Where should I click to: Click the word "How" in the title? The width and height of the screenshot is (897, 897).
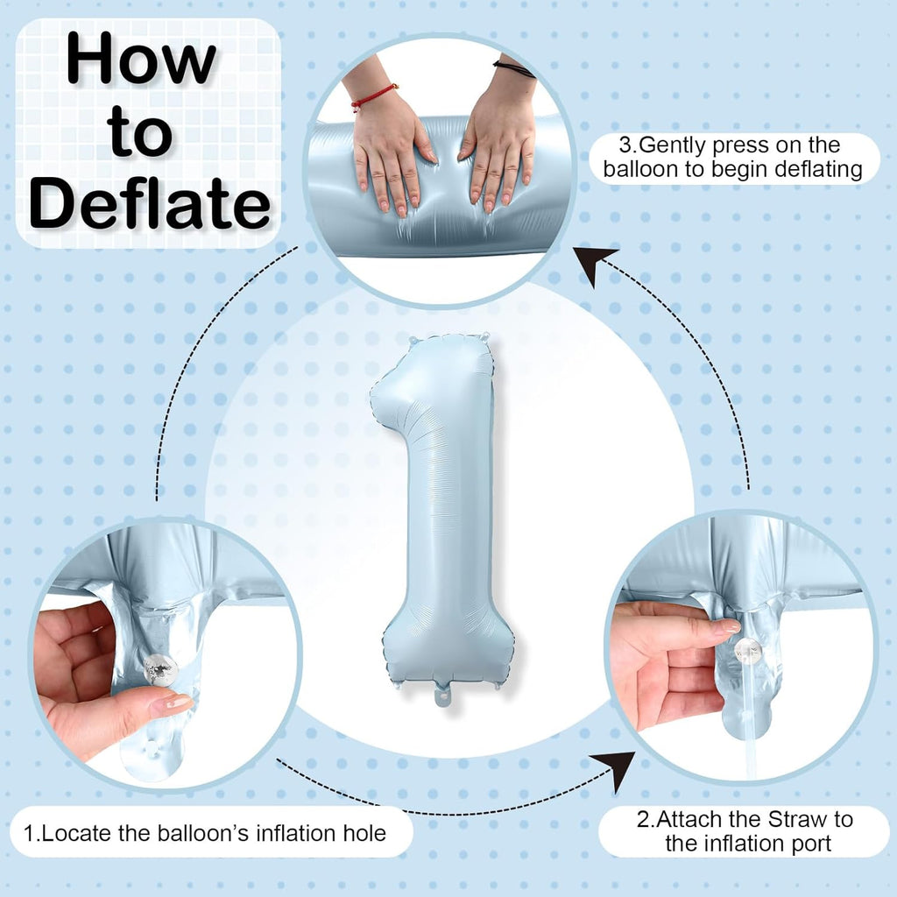point(141,59)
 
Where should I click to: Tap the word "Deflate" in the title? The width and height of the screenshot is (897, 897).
point(150,203)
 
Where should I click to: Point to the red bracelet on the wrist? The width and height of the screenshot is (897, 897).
point(374,96)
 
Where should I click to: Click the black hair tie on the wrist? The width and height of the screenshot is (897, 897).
point(513,68)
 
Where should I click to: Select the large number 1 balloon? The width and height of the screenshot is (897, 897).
point(441,515)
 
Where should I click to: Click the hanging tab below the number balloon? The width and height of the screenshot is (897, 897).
point(444,695)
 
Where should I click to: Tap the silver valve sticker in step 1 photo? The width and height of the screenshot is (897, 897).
point(161,670)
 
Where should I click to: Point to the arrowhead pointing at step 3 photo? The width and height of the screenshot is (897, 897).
point(595,265)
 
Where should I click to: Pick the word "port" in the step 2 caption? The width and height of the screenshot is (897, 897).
point(809,844)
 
